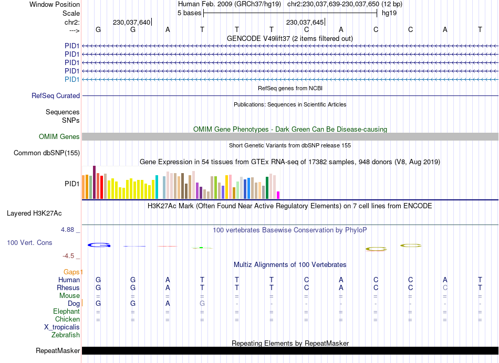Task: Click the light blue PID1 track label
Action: pos(72,79)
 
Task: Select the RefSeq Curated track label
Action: pos(56,96)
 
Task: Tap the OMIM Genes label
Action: pos(59,137)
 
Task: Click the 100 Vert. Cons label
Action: pos(29,243)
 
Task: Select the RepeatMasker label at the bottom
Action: pos(58,351)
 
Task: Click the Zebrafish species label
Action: pos(66,335)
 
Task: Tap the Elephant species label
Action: pos(66,311)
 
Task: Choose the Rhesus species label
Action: pos(68,287)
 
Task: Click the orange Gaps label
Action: pos(73,272)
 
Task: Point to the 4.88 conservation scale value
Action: pos(70,230)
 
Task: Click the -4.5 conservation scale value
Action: pos(70,256)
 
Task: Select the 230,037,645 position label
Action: pos(305,23)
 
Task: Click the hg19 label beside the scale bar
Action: pos(389,13)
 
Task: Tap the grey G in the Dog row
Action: pos(202,303)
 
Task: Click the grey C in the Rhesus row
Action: pos(445,287)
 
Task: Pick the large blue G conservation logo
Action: pos(99,245)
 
